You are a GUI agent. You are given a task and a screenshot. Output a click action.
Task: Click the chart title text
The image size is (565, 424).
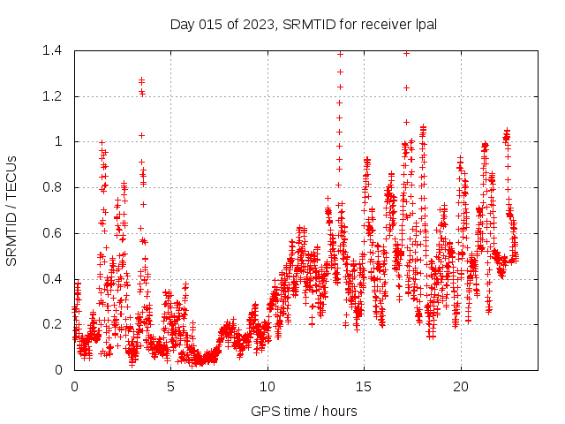(304, 23)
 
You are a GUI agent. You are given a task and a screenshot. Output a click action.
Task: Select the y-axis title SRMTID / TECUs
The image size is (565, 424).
(12, 210)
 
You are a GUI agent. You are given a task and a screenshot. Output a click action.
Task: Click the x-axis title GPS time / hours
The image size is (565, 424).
(304, 411)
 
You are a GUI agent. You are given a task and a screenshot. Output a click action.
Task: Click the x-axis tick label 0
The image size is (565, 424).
(74, 387)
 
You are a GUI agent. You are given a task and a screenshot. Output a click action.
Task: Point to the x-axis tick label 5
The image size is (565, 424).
(170, 387)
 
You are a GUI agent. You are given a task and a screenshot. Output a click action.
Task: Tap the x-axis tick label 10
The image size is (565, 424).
(267, 387)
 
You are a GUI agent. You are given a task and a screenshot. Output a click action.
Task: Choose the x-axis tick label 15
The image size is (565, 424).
(364, 387)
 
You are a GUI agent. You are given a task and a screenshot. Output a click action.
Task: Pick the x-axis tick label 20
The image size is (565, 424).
(460, 387)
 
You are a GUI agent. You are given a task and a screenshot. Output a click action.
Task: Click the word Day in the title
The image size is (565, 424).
(182, 23)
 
